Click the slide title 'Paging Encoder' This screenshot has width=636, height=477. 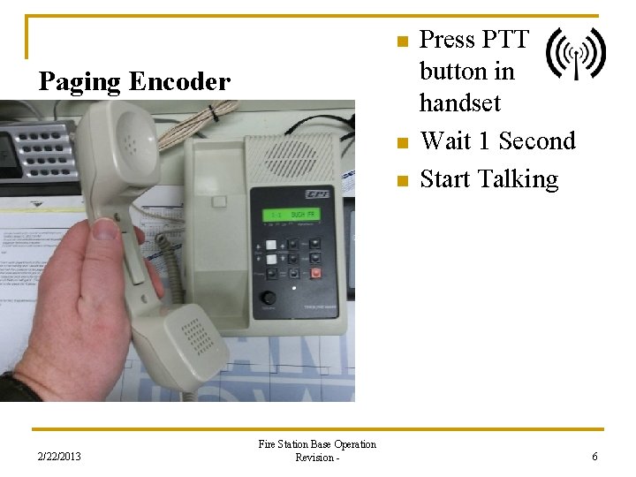point(134,82)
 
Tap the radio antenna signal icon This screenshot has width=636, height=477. point(575,53)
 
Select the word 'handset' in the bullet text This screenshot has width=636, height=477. point(459,103)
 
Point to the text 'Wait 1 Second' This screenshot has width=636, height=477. point(497,141)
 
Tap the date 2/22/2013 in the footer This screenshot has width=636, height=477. point(59,457)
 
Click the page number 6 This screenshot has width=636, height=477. point(594,457)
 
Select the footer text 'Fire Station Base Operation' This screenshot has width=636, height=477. point(317,444)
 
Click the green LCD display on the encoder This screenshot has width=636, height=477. point(292,216)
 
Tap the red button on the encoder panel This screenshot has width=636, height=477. point(316,273)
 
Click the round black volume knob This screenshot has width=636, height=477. point(267,298)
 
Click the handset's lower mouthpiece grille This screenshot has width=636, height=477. point(190,341)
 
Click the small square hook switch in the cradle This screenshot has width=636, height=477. point(219,201)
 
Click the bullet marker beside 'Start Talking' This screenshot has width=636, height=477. point(402,181)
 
